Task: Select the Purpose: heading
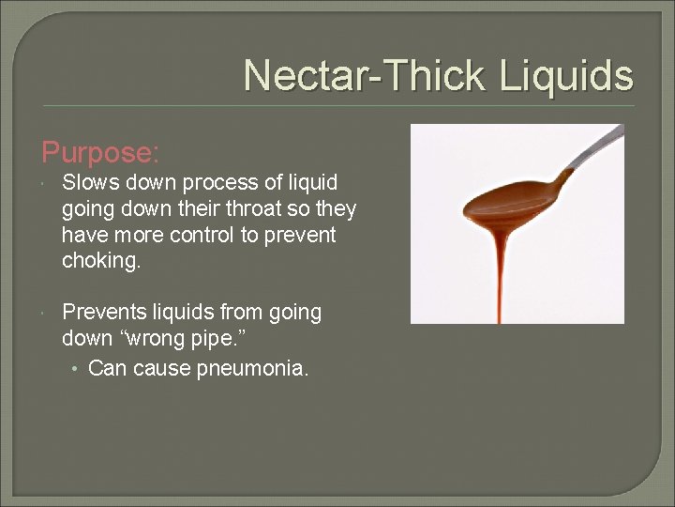[100, 152]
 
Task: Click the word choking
[101, 261]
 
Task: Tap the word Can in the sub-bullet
[108, 369]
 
